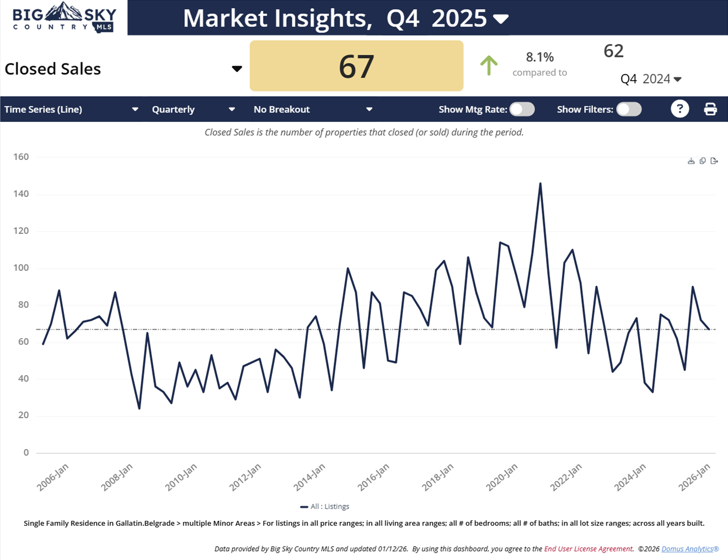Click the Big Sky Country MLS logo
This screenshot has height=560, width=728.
coord(64,18)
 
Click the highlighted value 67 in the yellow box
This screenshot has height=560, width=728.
coord(356,66)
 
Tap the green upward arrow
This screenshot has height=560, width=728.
coord(489,66)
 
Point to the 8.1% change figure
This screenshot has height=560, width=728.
coord(539,57)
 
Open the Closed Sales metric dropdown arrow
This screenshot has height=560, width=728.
coord(237,69)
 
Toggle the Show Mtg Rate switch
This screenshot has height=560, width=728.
coord(522,109)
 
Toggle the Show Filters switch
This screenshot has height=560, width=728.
coord(629,109)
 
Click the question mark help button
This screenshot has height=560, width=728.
coord(679,109)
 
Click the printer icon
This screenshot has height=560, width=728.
coord(710,109)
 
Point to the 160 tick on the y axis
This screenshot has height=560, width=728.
coord(22,157)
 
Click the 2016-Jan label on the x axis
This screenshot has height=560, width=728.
coord(373,477)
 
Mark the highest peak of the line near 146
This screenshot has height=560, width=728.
coord(540,184)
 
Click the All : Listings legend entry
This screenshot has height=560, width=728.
coord(325,506)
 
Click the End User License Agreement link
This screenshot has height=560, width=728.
coord(588,549)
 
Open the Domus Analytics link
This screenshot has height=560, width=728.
coord(689,549)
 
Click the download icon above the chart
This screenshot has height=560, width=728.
coord(691,161)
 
